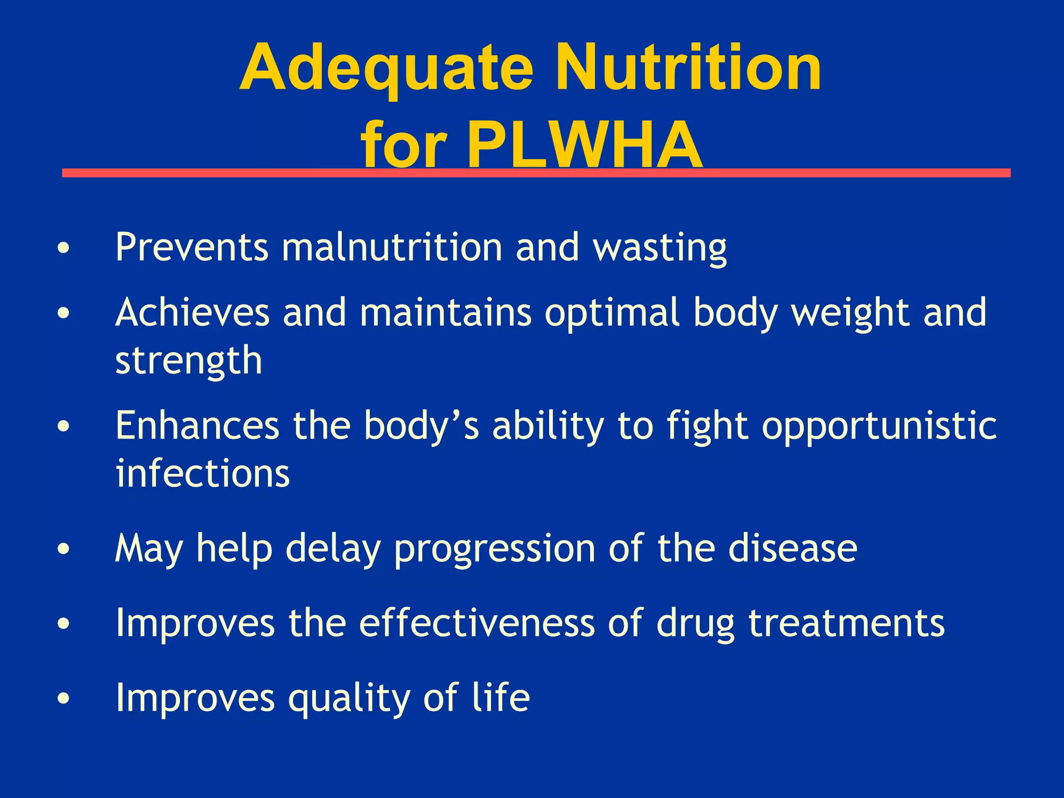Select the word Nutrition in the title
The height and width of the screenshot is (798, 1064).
tap(688, 69)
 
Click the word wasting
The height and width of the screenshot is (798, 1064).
tap(660, 248)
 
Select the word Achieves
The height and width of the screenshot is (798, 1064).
tap(192, 313)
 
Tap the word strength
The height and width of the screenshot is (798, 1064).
tap(189, 361)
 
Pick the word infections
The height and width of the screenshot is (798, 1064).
tap(203, 473)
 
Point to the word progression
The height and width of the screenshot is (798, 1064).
tap(494, 549)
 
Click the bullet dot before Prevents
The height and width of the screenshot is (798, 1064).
tap(63, 248)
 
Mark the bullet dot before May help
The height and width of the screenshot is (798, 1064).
tap(63, 550)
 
